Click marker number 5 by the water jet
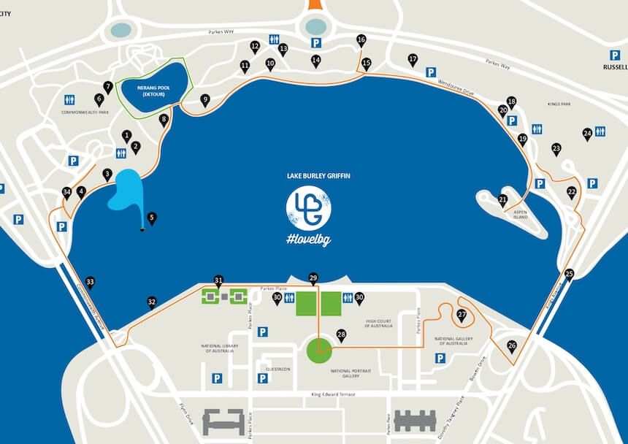[152, 217]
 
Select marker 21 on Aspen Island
[502, 199]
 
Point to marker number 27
[462, 315]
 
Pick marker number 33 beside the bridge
[90, 282]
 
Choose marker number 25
[570, 274]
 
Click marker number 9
[205, 99]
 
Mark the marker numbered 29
[313, 277]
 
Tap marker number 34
[67, 193]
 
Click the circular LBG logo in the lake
[308, 207]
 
